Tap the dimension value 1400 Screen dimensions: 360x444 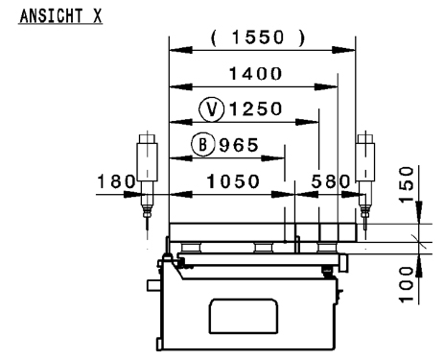pos(256,74)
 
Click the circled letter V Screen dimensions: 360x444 pos(210,108)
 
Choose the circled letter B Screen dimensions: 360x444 pos(203,145)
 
